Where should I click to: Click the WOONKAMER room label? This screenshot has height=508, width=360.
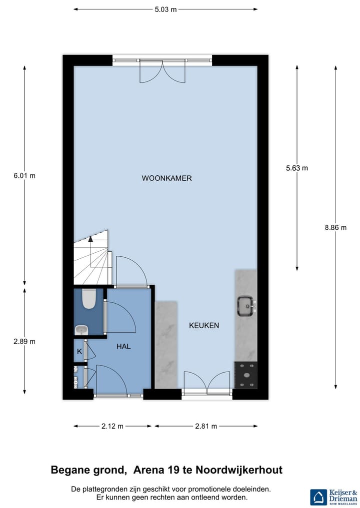tap(166, 178)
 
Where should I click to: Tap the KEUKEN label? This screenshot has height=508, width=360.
tap(204, 326)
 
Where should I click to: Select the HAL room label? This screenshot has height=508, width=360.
tap(123, 346)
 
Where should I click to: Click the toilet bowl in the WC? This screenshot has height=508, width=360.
tap(89, 299)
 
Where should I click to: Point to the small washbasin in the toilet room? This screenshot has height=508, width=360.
tap(81, 329)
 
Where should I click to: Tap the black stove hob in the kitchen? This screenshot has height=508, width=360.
tap(245, 375)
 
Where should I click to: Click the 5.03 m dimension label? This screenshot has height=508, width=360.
tap(165, 9)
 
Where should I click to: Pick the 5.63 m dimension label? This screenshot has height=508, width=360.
tap(297, 168)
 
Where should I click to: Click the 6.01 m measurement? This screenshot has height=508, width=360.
tap(24, 176)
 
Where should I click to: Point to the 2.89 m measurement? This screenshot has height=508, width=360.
tap(24, 342)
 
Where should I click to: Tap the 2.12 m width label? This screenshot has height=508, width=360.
tap(112, 426)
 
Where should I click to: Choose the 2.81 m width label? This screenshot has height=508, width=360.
tap(206, 426)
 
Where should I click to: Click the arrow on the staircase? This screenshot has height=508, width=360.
tap(90, 239)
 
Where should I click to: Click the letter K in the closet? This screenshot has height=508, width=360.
tap(79, 352)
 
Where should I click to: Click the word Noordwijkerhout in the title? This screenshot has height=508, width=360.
tap(239, 470)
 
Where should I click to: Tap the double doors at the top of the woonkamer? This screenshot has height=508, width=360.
tap(162, 71)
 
